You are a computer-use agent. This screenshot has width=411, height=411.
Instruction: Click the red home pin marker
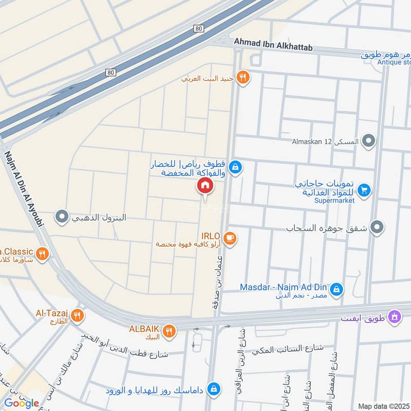(204, 186)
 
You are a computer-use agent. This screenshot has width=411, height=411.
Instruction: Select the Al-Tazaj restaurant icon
(77, 315)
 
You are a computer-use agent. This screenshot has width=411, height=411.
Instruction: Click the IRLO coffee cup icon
(230, 238)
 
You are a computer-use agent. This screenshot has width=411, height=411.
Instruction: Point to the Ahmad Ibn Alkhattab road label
(273, 47)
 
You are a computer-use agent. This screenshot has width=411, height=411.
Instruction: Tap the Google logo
(22, 403)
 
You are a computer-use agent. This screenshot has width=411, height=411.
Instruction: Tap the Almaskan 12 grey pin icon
(368, 140)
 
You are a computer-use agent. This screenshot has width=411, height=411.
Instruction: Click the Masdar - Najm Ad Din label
(284, 287)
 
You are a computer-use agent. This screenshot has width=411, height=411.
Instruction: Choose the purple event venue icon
(394, 316)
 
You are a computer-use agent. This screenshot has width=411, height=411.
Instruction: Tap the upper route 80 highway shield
(199, 29)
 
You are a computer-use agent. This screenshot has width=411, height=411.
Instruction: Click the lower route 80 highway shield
(111, 72)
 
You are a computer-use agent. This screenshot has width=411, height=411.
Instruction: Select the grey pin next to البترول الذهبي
(62, 217)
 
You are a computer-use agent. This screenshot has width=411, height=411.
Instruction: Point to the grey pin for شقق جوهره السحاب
(378, 227)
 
